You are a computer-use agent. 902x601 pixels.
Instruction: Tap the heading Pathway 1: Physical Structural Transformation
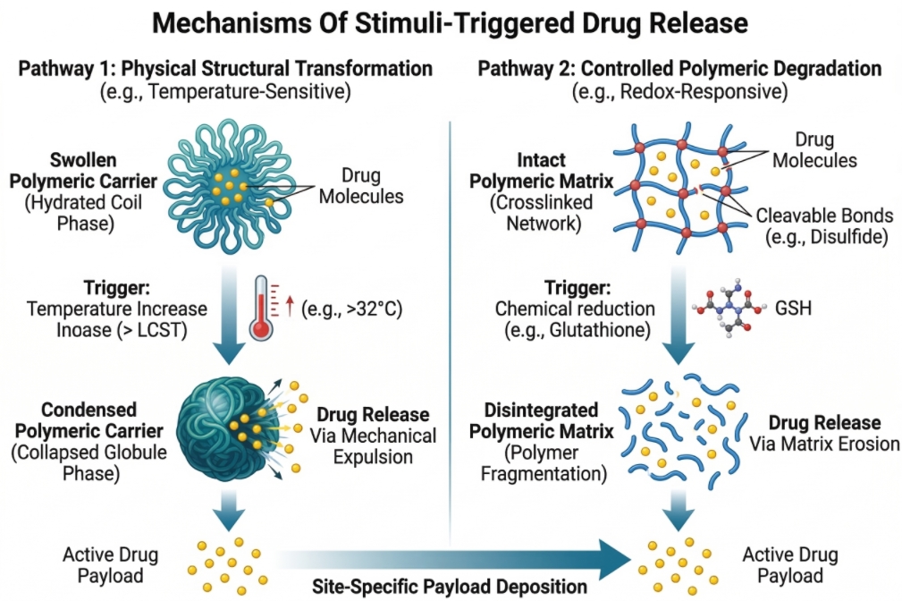click(224, 69)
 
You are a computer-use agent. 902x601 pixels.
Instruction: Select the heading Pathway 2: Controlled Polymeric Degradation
click(680, 69)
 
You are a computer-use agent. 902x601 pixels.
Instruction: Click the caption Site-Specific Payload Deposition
click(450, 587)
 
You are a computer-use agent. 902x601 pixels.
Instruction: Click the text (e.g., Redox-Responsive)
click(679, 90)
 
